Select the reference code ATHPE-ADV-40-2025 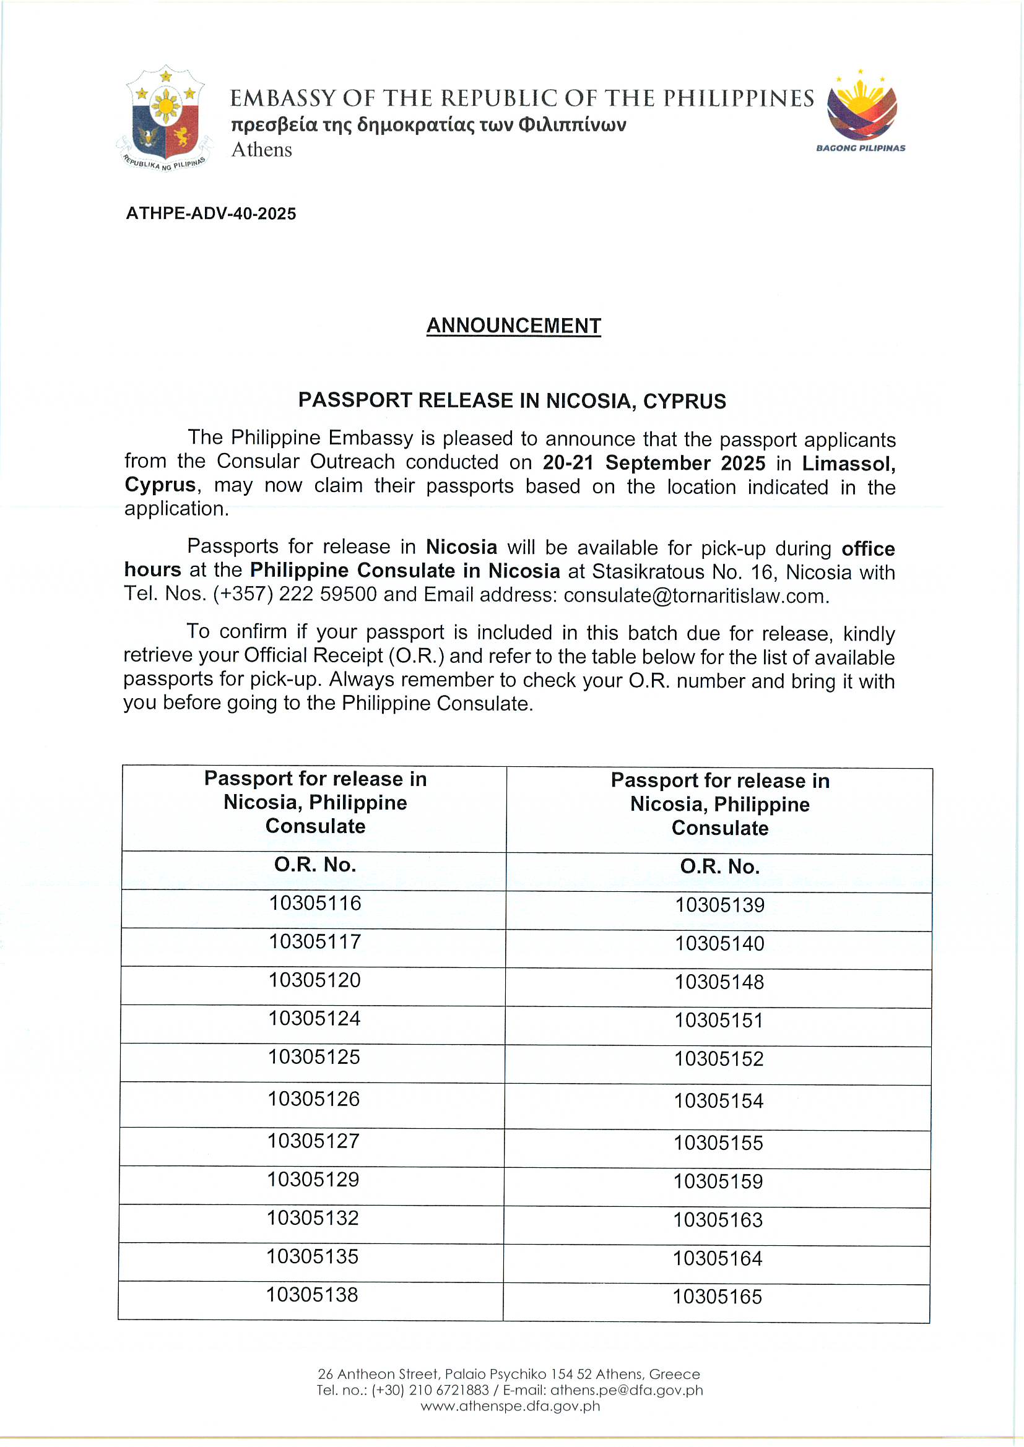point(211,214)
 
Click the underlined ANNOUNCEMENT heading point(513,326)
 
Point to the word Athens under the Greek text point(262,150)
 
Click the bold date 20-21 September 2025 point(654,463)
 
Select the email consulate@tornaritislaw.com point(695,595)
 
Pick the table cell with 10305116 point(315,903)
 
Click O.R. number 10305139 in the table point(719,905)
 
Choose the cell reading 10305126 point(314,1099)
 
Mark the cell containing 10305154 point(719,1101)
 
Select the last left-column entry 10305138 point(312,1295)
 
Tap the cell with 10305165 point(717,1297)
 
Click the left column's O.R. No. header point(315,865)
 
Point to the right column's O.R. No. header point(719,866)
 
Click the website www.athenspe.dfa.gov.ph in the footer point(510,1406)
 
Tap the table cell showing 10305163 point(718,1220)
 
